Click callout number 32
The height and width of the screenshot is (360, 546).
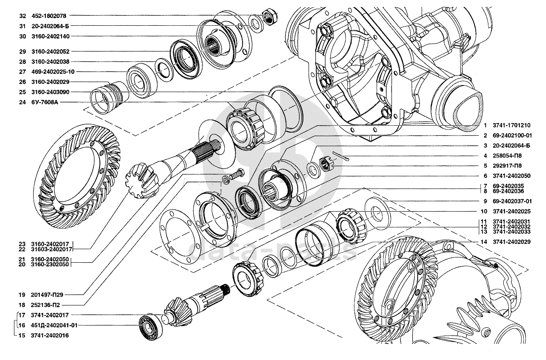23,16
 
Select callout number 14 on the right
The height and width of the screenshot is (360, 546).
484,241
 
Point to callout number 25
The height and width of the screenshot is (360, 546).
23,92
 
